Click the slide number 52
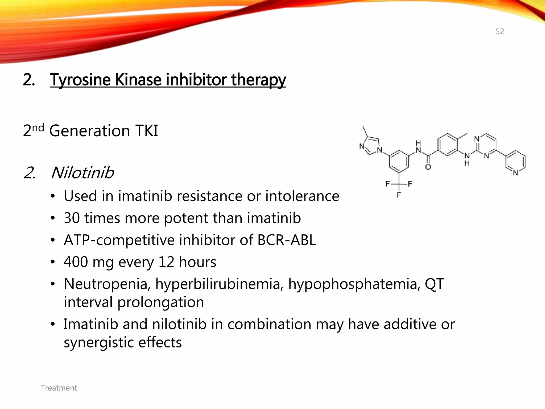(x=500, y=32)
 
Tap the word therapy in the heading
(x=258, y=80)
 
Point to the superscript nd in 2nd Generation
(x=38, y=128)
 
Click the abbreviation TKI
(x=147, y=131)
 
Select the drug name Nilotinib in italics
(x=82, y=173)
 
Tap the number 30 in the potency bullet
(x=72, y=218)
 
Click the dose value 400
(x=76, y=262)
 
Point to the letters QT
(x=434, y=284)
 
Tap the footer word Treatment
(x=59, y=388)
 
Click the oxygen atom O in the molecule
(x=428, y=167)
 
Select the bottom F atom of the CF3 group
(x=399, y=195)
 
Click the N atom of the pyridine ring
(x=516, y=173)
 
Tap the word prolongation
(x=160, y=302)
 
